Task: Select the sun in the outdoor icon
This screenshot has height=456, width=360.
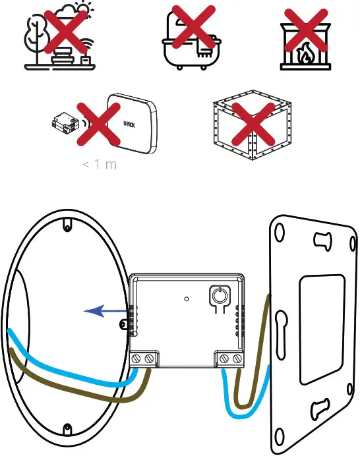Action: click(x=82, y=12)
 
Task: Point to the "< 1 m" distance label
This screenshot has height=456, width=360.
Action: click(x=100, y=164)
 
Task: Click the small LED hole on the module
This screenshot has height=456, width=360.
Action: click(x=187, y=299)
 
